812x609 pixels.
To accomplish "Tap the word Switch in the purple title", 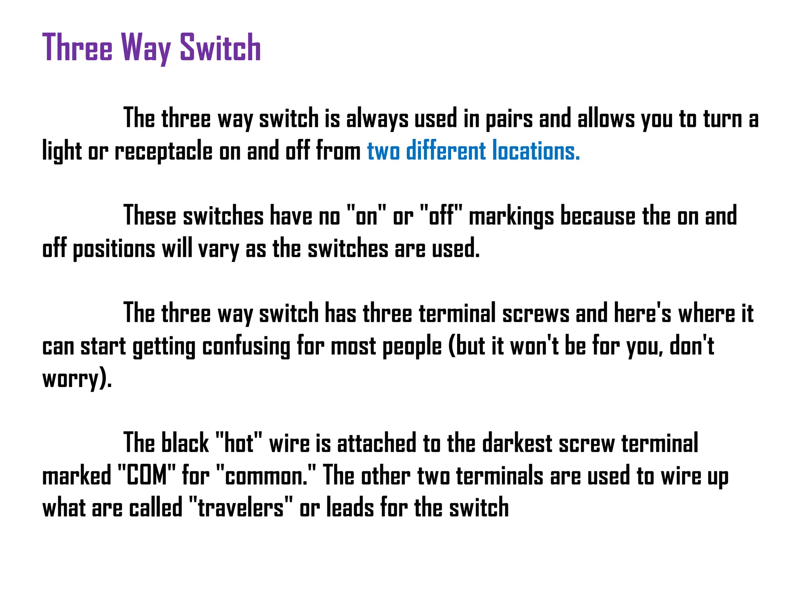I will tap(220, 48).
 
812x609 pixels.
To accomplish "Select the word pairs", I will tap(509, 119).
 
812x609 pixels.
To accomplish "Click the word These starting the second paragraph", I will tap(149, 216).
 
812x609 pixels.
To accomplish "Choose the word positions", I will tap(114, 249).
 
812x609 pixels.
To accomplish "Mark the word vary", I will tap(218, 250).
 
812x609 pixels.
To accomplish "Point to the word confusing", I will tap(246, 347).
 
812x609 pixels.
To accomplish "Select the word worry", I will tap(70, 379).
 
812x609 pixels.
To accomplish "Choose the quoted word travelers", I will tap(241, 508).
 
